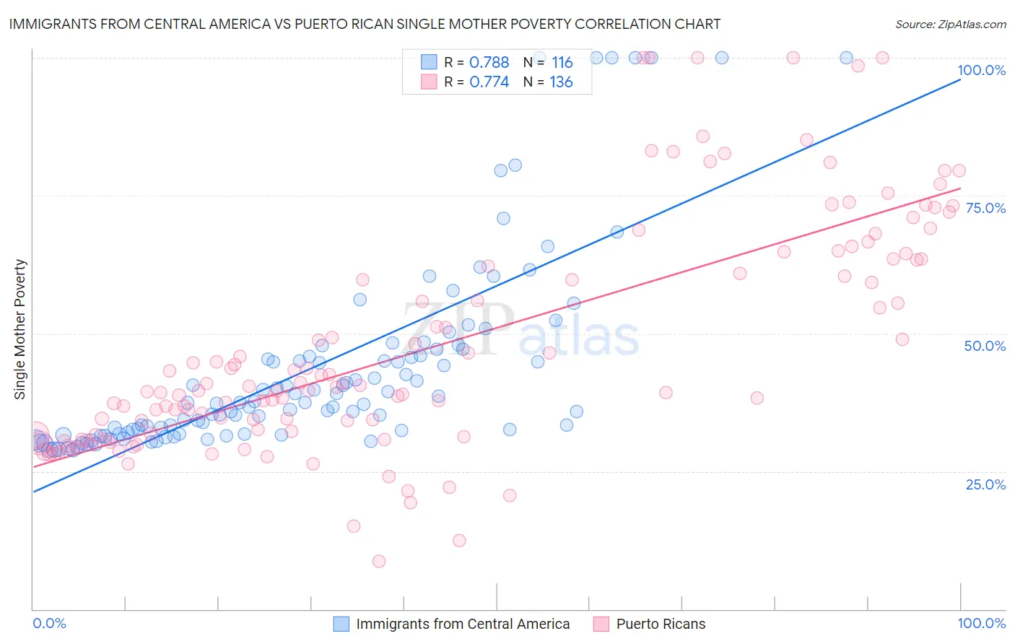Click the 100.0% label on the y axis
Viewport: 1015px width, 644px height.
[x=981, y=70]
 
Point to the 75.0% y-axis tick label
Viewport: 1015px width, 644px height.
[x=985, y=208]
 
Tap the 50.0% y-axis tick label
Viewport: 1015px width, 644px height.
[x=985, y=346]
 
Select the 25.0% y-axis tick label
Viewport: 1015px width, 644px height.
[x=985, y=484]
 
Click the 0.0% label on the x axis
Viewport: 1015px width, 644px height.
[x=49, y=623]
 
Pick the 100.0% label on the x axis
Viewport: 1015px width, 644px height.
[x=981, y=623]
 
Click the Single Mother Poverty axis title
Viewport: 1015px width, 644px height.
[x=20, y=329]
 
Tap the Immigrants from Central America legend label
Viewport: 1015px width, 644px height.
[x=462, y=624]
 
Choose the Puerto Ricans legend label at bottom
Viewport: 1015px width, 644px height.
[x=661, y=624]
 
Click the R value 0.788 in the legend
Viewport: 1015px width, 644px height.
[x=489, y=62]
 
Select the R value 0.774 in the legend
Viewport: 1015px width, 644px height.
[x=489, y=82]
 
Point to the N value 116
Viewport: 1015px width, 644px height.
[x=562, y=62]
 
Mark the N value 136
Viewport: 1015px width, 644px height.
[x=561, y=82]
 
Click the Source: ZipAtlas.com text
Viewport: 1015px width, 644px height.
[x=950, y=25]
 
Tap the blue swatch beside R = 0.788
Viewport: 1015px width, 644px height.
[x=429, y=62]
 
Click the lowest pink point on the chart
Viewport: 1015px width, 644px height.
[x=378, y=561]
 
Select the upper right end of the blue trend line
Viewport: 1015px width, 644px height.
[x=960, y=79]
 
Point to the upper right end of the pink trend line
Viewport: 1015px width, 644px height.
[x=960, y=188]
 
